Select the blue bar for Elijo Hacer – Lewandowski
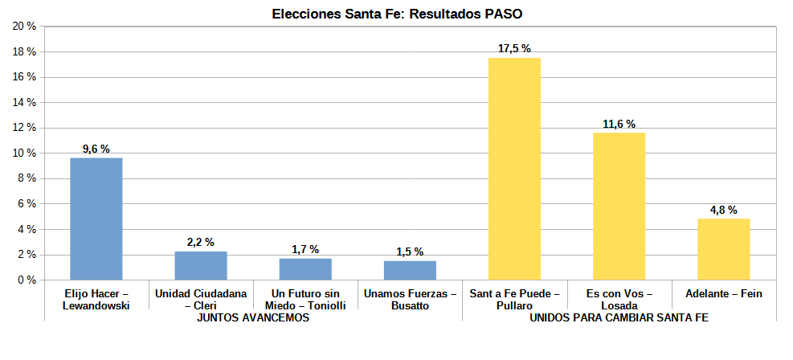96,219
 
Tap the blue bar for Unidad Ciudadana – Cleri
201,266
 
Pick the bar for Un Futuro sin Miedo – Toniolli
305,269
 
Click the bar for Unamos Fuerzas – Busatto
410,271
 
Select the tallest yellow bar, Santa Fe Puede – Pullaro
514,169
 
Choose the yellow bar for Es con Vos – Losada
619,207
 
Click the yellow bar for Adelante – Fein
723,249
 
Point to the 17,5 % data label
514,49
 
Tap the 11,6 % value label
619,124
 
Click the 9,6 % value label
96,149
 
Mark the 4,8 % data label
723,210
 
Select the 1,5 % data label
410,252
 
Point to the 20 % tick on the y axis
24,27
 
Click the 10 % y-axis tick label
24,153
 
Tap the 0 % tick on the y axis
27,280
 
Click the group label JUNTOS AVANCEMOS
253,318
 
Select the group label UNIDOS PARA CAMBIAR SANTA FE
619,318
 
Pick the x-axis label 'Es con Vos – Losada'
619,300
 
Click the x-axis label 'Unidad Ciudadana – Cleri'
201,300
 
